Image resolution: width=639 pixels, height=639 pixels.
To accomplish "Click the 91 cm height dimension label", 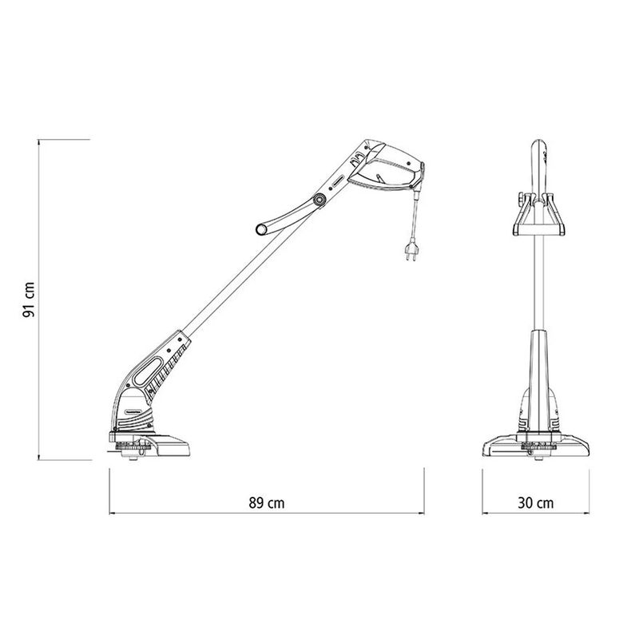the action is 29,300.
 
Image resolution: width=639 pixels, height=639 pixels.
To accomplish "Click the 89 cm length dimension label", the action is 267,503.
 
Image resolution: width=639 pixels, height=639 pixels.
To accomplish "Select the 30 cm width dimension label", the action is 535,503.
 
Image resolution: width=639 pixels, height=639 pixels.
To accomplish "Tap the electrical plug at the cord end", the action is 411,251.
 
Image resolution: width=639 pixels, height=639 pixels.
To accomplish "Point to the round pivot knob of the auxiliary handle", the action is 318,200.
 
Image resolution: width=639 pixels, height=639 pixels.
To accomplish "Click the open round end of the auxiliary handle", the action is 261,229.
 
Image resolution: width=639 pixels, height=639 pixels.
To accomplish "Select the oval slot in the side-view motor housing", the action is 148,371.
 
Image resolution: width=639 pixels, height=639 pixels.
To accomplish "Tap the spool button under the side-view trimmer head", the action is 133,458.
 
